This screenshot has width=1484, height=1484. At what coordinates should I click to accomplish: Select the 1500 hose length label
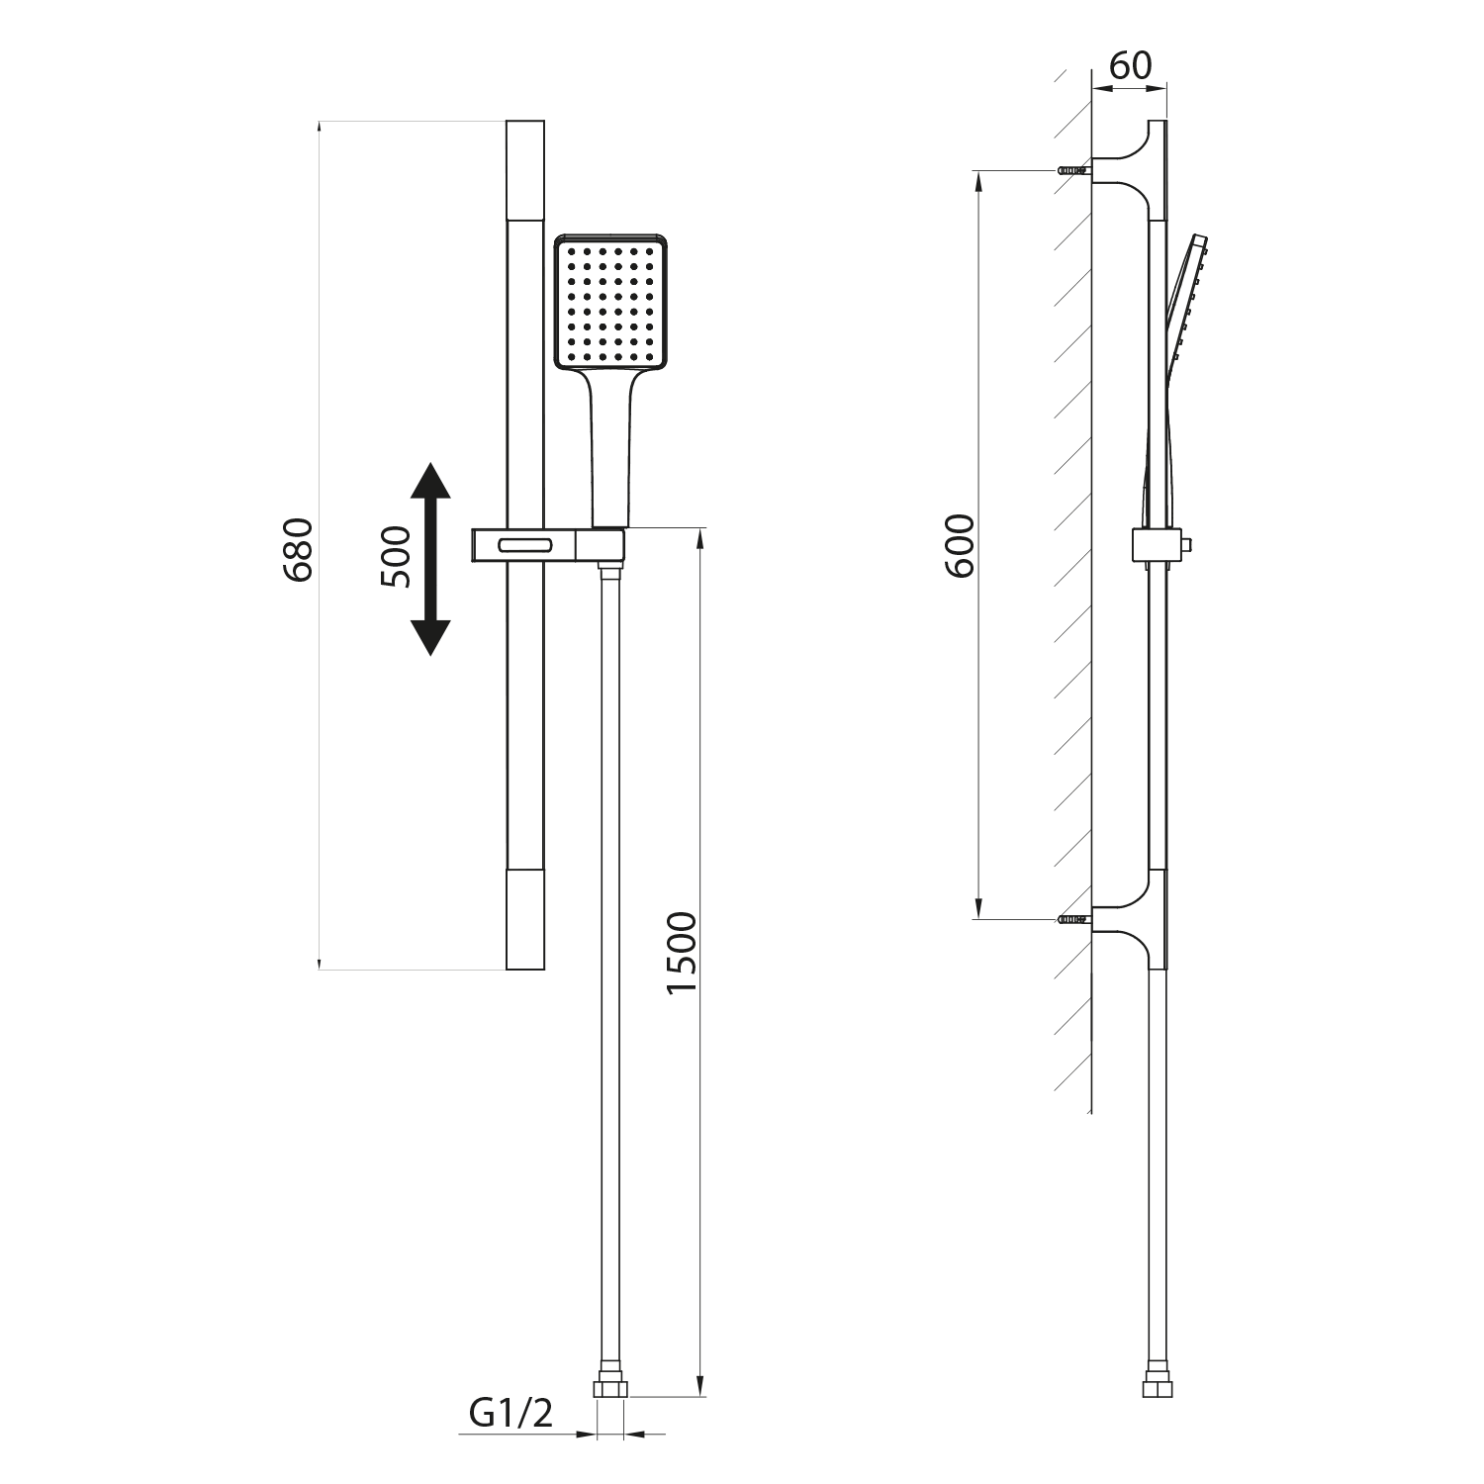point(682,954)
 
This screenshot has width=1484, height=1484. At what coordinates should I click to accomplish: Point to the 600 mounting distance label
point(959,545)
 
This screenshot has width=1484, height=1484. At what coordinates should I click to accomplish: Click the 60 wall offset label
point(1131,65)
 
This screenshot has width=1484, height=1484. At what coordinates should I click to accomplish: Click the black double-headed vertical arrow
point(429,558)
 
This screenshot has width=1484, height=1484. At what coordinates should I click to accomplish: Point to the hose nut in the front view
point(610,1387)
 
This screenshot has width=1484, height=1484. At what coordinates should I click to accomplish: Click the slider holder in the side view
point(1158,545)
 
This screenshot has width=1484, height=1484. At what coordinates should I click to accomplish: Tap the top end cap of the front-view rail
point(524,170)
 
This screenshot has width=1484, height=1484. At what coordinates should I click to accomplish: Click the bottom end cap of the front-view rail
point(524,919)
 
